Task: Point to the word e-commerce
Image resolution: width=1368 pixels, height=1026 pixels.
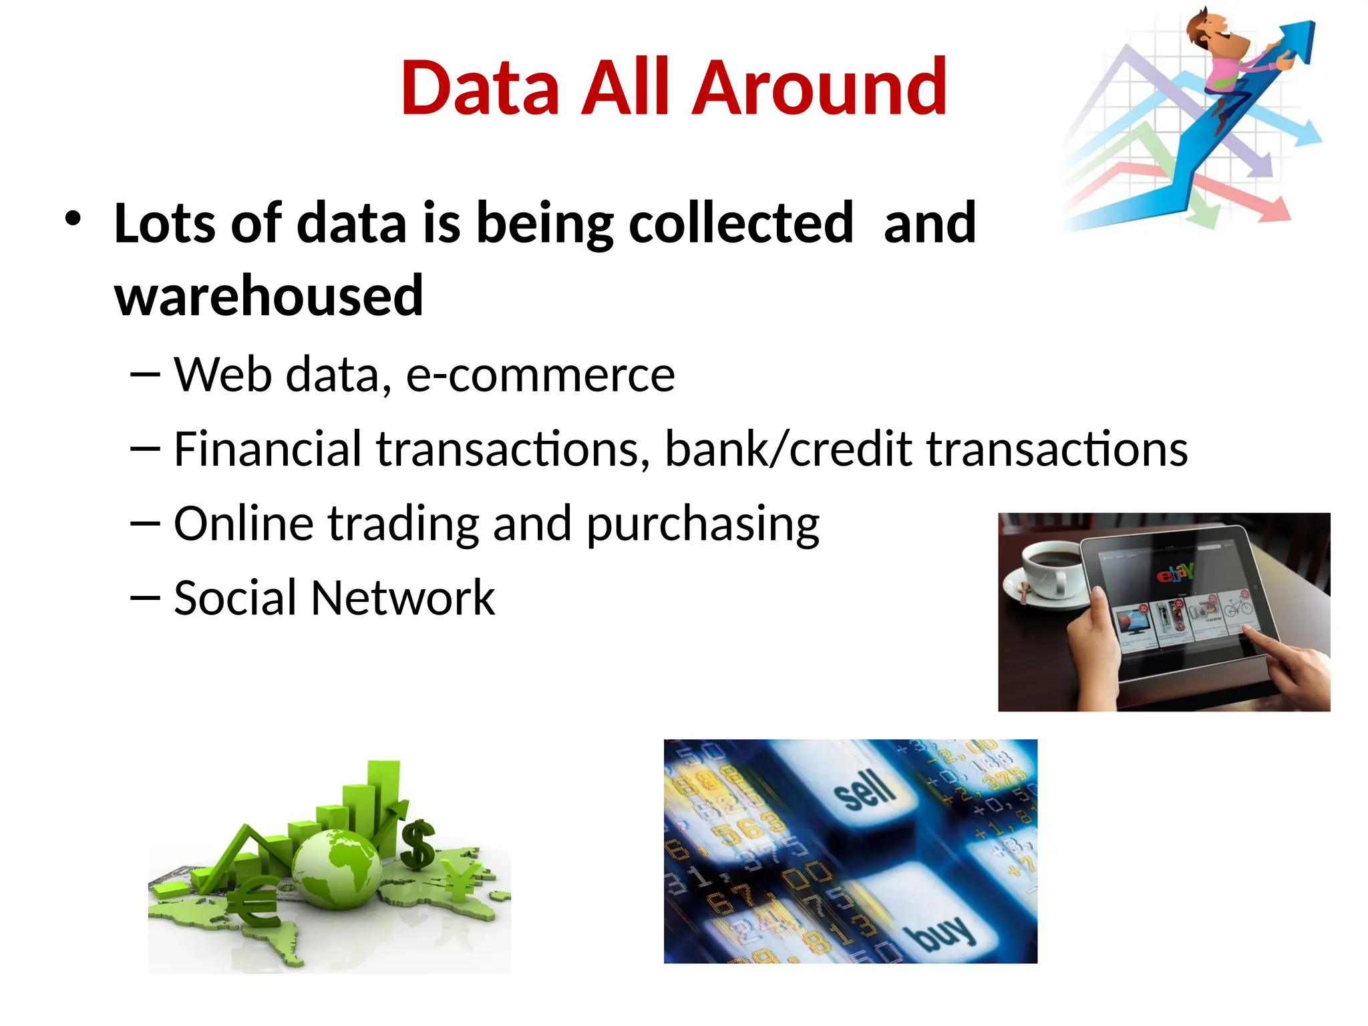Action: click(x=540, y=375)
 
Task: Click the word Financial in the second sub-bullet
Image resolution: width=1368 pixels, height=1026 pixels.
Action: click(x=268, y=449)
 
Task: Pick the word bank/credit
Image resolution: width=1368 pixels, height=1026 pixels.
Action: click(x=788, y=449)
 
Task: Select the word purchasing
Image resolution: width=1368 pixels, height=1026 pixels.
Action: click(x=703, y=525)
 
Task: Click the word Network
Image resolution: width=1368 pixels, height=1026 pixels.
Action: click(x=403, y=598)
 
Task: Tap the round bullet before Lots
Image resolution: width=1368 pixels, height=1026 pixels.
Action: click(x=73, y=218)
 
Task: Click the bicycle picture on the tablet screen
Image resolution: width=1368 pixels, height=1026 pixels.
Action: click(x=1238, y=607)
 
